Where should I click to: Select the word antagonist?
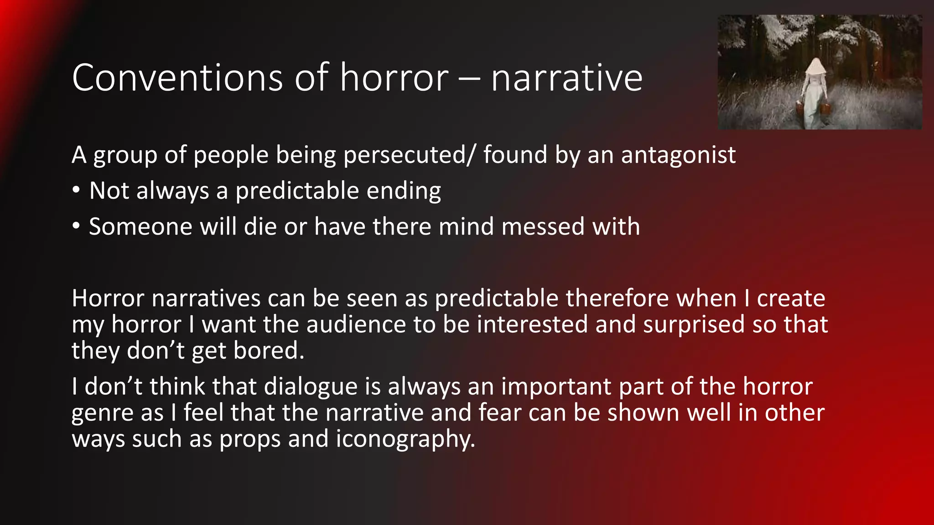tap(678, 155)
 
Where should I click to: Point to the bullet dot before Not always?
tap(76, 190)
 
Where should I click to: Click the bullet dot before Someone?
tap(76, 226)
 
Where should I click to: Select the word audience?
tap(356, 325)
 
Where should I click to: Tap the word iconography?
tap(405, 440)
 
